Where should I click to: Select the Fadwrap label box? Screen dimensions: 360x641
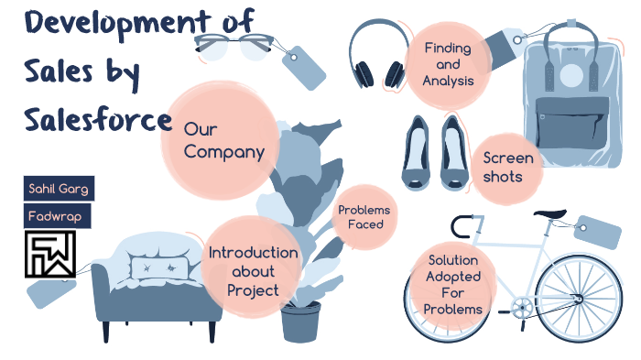coord(57,216)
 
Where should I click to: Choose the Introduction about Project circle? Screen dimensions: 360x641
coord(253,271)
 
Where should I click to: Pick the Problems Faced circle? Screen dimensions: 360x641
coord(364,217)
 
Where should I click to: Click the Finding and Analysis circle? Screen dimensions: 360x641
coord(447,64)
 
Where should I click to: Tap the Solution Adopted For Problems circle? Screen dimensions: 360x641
coord(452,285)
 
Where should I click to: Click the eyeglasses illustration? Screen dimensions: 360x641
coord(233,45)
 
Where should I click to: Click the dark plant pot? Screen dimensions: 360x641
coord(300,321)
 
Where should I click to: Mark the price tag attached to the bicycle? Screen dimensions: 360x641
coord(595,233)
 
